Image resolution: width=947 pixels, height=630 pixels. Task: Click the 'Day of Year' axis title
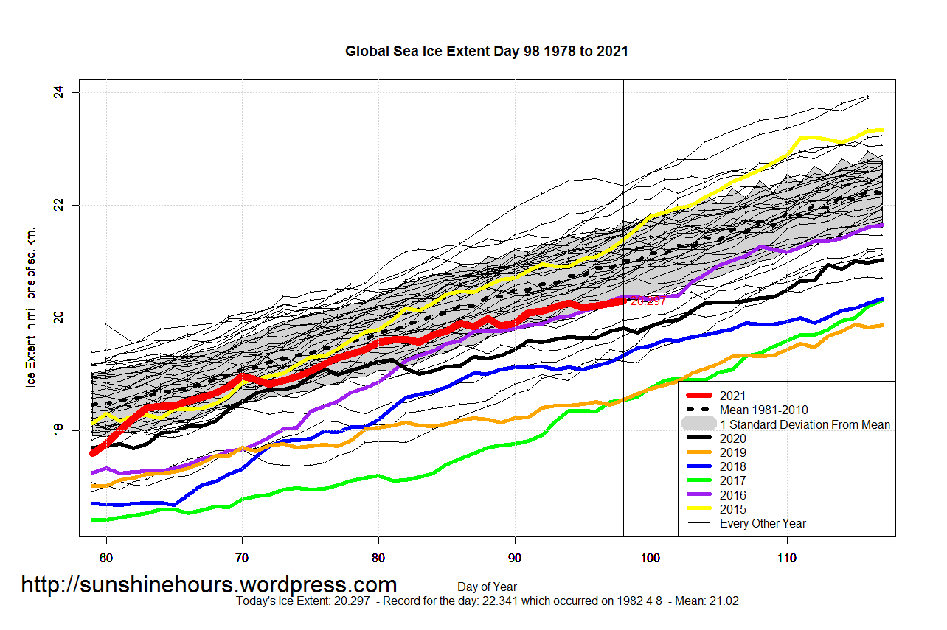click(x=486, y=587)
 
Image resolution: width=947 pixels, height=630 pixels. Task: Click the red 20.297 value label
click(x=648, y=301)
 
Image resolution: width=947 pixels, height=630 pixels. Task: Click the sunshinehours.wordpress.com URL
click(x=209, y=585)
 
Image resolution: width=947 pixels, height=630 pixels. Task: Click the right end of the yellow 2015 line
click(x=883, y=130)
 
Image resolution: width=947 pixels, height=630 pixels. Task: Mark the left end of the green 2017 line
click(x=93, y=519)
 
